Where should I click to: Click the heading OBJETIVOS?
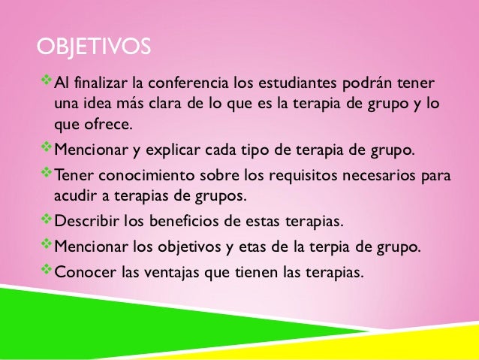pyautogui.click(x=94, y=48)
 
